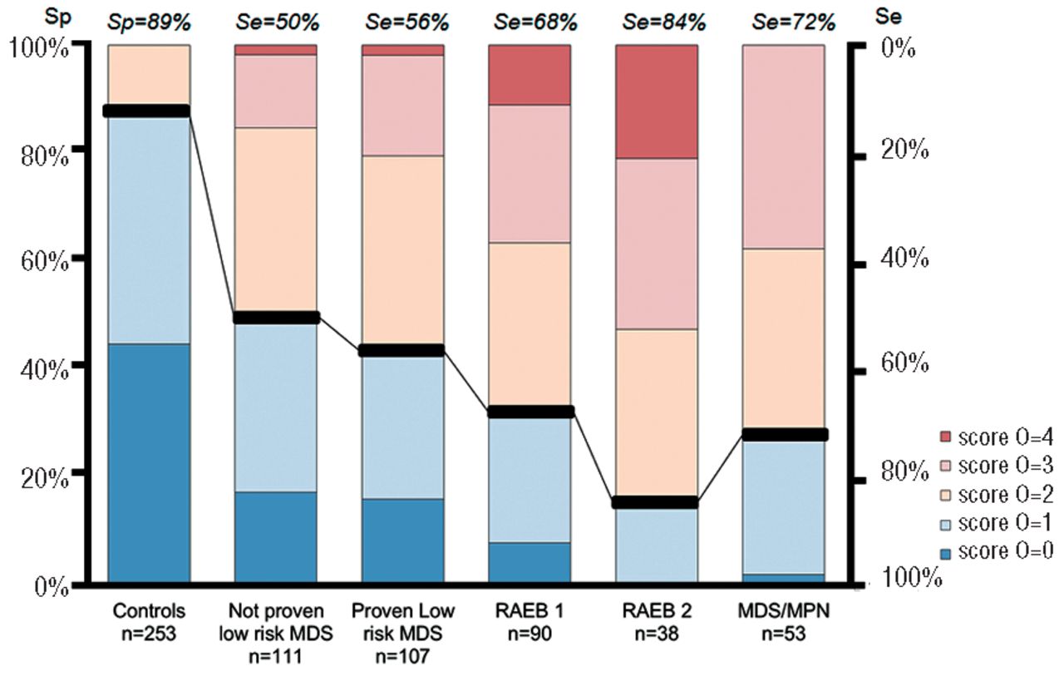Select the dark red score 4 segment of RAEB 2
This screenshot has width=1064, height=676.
click(657, 101)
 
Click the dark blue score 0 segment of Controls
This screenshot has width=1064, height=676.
click(150, 462)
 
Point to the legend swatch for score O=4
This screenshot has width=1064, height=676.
click(944, 437)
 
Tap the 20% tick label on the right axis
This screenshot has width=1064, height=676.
click(906, 150)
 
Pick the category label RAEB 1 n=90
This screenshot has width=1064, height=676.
click(530, 622)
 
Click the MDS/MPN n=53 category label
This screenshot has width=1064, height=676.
click(783, 622)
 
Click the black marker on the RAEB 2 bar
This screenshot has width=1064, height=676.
click(657, 502)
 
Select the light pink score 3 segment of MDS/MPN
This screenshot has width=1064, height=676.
click(783, 146)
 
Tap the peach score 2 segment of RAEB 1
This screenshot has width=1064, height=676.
click(530, 326)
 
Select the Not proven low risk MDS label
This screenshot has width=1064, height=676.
click(276, 633)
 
